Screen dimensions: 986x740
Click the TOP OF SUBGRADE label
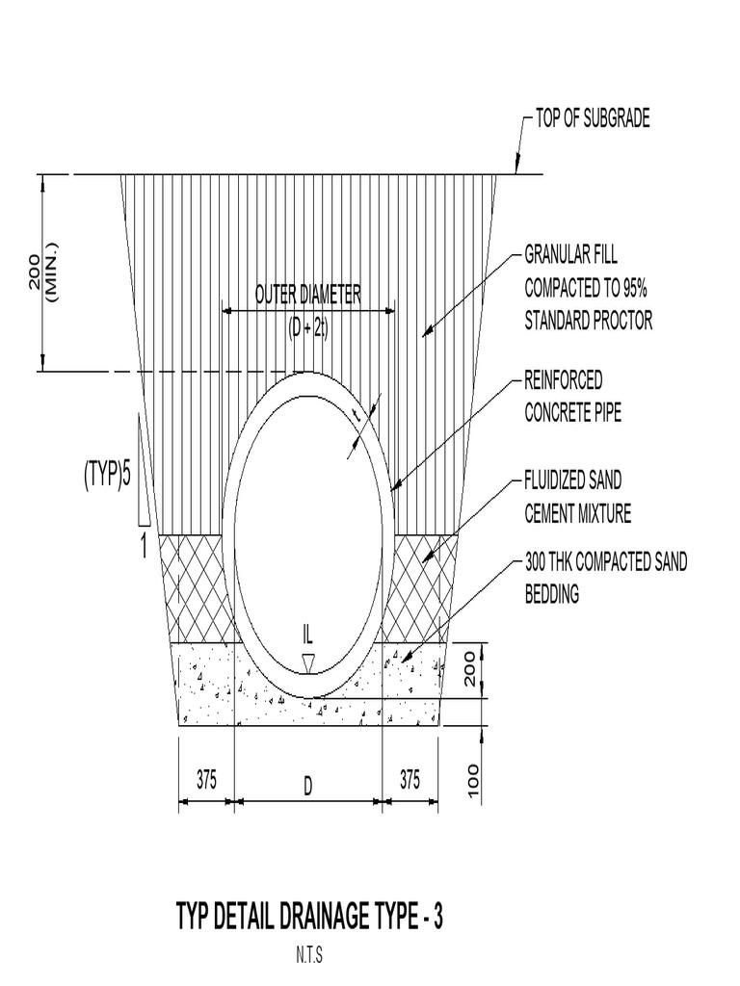tap(593, 119)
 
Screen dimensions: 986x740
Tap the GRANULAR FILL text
tap(570, 255)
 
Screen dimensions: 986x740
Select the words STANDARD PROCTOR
tap(588, 322)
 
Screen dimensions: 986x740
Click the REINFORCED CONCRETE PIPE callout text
tap(572, 396)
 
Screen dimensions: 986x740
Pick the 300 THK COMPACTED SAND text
tap(606, 562)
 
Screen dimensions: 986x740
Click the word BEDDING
tap(551, 595)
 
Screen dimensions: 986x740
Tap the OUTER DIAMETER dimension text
tap(308, 295)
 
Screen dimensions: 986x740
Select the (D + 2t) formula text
tap(308, 328)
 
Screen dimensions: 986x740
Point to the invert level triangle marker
tap(308, 662)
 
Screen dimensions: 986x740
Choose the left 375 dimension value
tap(206, 781)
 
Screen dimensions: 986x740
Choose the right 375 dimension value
tap(410, 781)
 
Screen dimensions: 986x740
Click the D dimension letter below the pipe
tap(308, 787)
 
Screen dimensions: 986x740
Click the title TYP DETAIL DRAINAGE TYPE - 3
tap(309, 918)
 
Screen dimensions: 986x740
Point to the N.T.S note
tap(308, 958)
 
